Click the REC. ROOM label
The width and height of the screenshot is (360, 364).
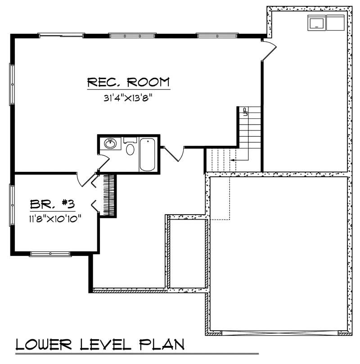click(128, 82)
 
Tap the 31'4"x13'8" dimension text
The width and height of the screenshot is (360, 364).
click(128, 98)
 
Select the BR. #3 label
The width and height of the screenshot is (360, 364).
click(52, 204)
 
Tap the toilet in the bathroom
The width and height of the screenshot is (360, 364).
click(130, 148)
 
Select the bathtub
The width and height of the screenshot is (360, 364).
click(148, 154)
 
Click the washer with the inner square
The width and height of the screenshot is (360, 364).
click(317, 22)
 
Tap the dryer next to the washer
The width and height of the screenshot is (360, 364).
click(335, 22)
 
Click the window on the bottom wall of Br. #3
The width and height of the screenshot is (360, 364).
click(50, 254)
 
